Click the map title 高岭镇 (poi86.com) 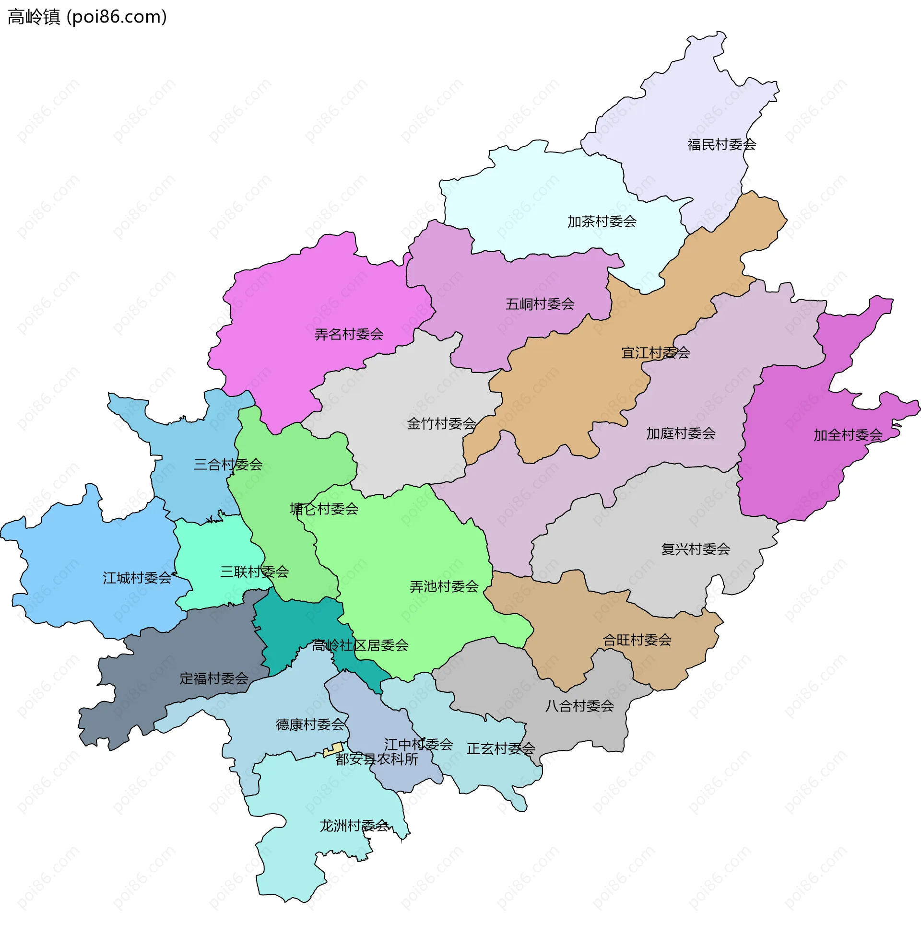tap(87, 17)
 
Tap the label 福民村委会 tap(721, 144)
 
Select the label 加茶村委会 tap(602, 222)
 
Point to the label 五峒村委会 tap(540, 304)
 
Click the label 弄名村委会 tap(349, 335)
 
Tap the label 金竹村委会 tap(441, 424)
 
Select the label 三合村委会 tap(228, 465)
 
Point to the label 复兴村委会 tap(695, 549)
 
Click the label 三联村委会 tap(254, 572)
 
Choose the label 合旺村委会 tap(637, 641)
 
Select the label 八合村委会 tap(579, 707)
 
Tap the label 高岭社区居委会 tap(360, 646)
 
